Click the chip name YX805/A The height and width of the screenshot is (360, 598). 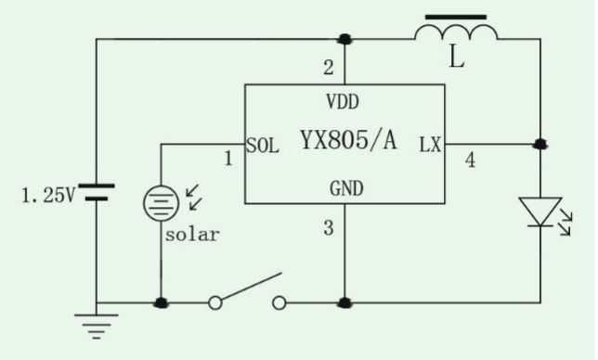coord(348,139)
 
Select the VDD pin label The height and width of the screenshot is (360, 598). coord(343,102)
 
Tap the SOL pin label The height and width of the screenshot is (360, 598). coord(263,145)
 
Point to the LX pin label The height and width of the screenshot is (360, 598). coord(430,145)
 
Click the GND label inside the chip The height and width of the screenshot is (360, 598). coord(346,188)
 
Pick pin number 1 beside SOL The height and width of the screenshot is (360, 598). coord(228,159)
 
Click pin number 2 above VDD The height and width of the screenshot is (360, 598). coord(329,68)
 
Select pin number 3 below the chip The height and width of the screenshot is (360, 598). coord(329,228)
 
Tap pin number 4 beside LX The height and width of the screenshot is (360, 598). coord(470,160)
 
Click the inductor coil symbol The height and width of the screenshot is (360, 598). coord(456,32)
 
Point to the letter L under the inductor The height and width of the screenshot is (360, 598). coord(457,58)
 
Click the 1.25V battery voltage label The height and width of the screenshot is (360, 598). coord(48,196)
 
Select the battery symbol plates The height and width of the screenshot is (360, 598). coord(97,192)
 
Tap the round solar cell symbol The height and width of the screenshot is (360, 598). coord(161,203)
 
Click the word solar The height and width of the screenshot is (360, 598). coord(192,234)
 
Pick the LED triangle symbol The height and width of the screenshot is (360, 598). coord(540,212)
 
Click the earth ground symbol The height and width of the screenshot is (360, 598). coord(97,327)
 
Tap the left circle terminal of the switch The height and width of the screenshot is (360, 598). coord(215,303)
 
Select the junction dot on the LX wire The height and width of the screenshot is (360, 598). coord(540,145)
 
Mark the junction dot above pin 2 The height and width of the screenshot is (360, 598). coord(344,39)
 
